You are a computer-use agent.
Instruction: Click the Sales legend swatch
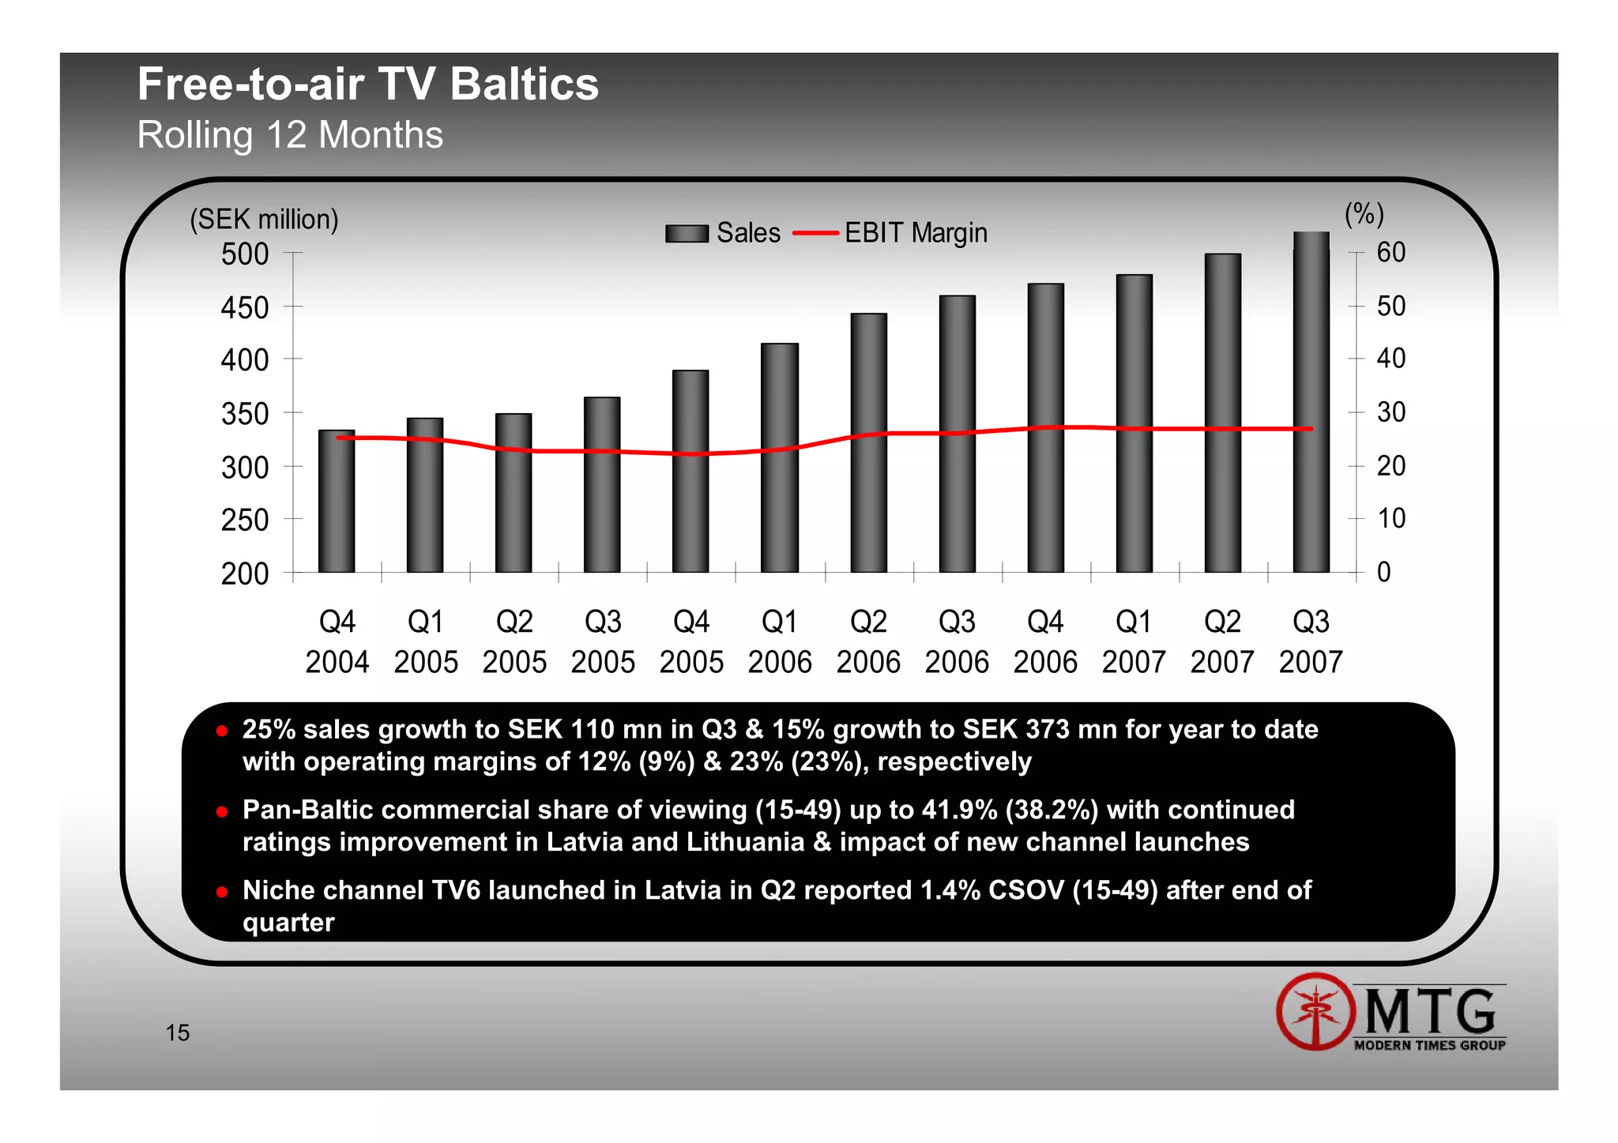(x=687, y=234)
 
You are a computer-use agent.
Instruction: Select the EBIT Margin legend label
(x=916, y=234)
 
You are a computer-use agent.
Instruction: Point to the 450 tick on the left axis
(x=245, y=307)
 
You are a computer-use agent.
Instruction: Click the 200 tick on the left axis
(x=245, y=573)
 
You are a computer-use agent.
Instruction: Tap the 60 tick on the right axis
(x=1391, y=253)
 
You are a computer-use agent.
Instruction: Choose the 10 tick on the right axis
(x=1391, y=519)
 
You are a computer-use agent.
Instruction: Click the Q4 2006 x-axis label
(x=1045, y=641)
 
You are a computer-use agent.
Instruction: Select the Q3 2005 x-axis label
(x=603, y=641)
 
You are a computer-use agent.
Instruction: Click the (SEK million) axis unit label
(x=264, y=219)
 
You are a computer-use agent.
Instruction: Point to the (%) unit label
(x=1364, y=213)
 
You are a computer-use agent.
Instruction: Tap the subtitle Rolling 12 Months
(x=290, y=135)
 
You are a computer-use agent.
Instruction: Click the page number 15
(x=178, y=1032)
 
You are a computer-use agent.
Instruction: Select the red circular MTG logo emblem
(x=1315, y=1011)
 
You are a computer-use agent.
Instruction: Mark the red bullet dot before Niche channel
(x=222, y=892)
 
